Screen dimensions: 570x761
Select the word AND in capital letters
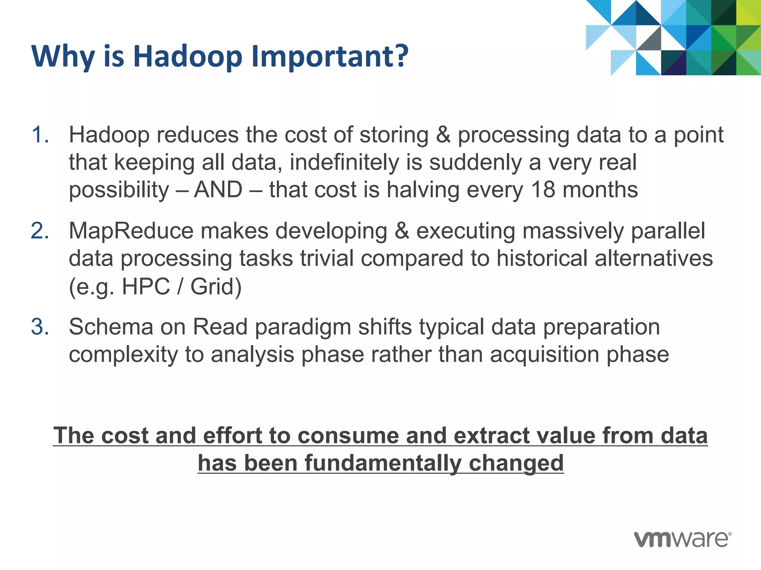click(218, 190)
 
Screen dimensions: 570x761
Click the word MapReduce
click(131, 231)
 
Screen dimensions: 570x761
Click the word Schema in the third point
click(111, 327)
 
